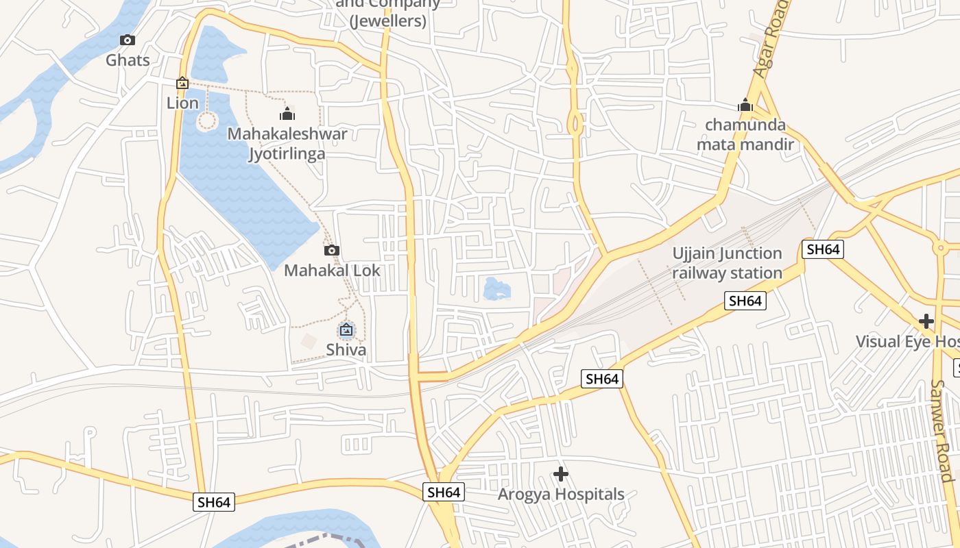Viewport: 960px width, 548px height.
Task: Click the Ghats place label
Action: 128,60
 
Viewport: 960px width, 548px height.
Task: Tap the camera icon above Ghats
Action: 128,40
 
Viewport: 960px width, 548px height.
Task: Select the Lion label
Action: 182,103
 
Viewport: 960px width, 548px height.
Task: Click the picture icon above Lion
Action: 182,84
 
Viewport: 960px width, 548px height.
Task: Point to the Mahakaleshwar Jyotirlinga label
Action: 287,143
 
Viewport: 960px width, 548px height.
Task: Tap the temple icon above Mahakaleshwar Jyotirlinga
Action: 287,114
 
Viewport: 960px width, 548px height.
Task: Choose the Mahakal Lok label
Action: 332,271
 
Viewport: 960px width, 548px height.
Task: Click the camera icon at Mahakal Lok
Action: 332,251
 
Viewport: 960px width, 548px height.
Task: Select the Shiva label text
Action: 346,350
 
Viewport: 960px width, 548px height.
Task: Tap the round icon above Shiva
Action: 346,331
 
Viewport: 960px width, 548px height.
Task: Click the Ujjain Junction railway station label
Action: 727,263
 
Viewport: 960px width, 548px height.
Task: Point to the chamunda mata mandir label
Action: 745,135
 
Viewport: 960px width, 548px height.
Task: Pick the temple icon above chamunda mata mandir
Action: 745,105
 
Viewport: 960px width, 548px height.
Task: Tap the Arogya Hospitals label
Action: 561,495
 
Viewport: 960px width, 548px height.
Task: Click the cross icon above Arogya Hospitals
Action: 561,474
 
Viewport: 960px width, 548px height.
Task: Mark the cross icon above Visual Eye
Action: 926,321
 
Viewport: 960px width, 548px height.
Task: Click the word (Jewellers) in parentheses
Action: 388,21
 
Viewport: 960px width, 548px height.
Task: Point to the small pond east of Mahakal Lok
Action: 496,288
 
